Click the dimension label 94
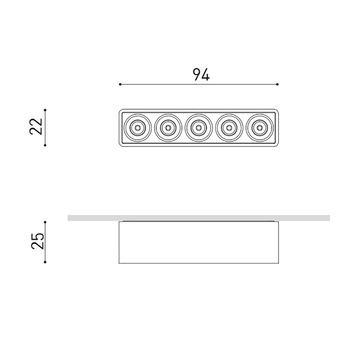(201, 75)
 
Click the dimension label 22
(36, 126)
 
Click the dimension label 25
(37, 241)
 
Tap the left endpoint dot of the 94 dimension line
(120, 84)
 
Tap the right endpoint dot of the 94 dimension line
(277, 84)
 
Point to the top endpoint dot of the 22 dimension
(45, 110)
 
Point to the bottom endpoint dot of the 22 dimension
(45, 145)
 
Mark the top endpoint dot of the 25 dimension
(45, 222)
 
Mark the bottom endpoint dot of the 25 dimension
(45, 262)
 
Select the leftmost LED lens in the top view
(138, 128)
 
